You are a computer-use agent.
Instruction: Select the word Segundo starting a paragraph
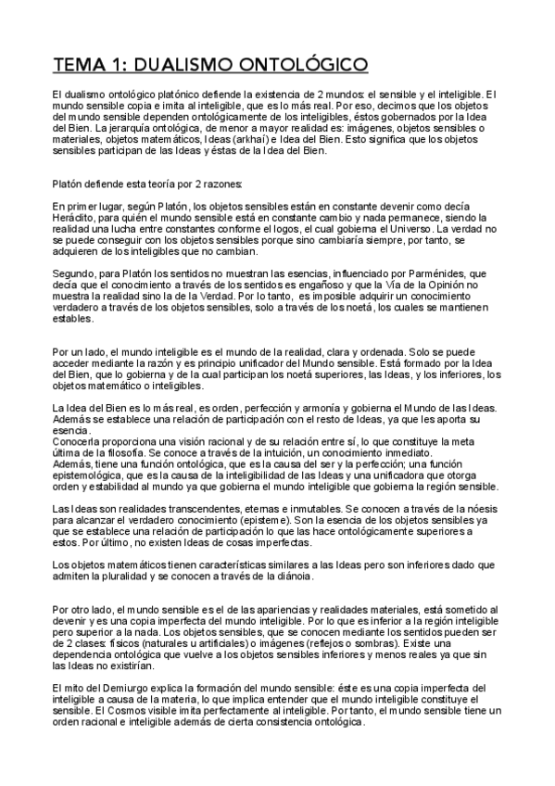click(74, 274)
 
